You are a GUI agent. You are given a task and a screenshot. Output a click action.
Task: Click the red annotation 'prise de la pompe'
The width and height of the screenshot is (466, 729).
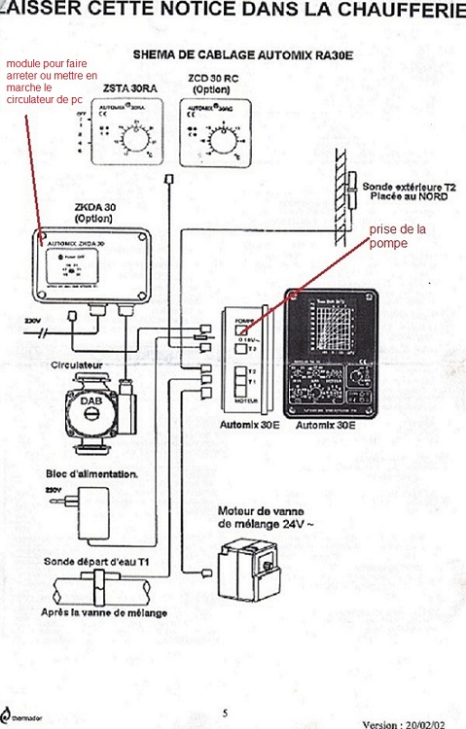coord(398,236)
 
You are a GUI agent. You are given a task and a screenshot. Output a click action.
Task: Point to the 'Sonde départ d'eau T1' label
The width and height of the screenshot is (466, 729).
coord(91,561)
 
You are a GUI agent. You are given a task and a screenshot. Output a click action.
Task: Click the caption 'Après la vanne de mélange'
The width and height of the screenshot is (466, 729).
coord(104,612)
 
